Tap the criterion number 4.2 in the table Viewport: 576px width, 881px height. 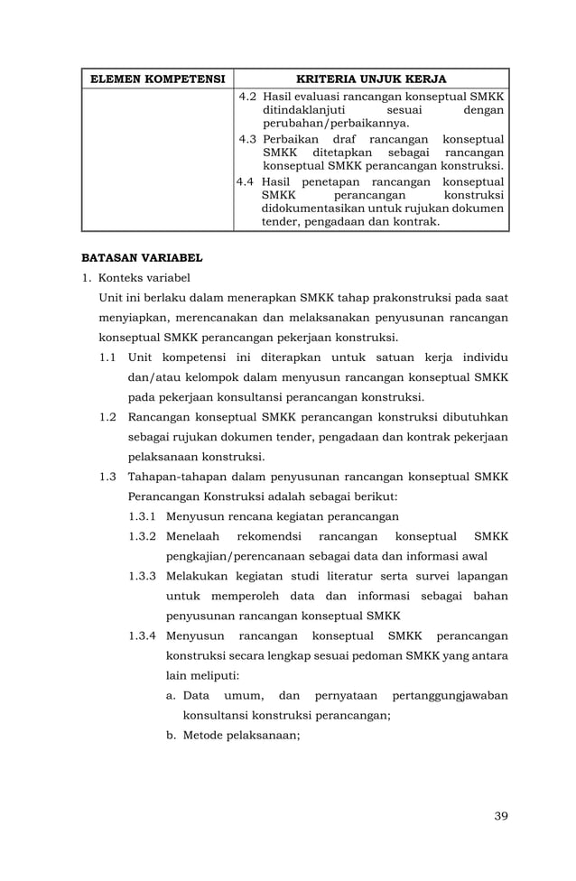click(x=248, y=97)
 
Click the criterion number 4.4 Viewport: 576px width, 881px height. click(x=246, y=181)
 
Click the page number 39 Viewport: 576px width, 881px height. click(x=501, y=816)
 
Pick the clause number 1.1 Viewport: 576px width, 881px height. click(x=108, y=358)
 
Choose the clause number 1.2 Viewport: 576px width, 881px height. click(x=108, y=417)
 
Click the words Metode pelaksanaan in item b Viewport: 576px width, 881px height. click(x=240, y=735)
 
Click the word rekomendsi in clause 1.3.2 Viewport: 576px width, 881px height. click(x=260, y=536)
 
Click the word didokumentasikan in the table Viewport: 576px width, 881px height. click(x=312, y=208)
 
